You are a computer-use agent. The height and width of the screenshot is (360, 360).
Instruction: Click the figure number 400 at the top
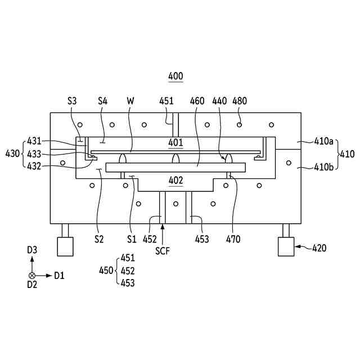click(175, 76)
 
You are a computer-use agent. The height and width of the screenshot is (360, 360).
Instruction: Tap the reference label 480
click(240, 101)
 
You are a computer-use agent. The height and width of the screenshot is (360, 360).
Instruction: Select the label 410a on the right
click(323, 141)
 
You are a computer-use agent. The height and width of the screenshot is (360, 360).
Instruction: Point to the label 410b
click(323, 166)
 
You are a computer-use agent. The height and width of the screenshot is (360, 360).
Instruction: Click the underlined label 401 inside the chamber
click(175, 143)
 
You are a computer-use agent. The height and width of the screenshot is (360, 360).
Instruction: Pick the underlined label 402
click(175, 181)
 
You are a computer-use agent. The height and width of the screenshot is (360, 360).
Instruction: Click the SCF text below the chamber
click(163, 250)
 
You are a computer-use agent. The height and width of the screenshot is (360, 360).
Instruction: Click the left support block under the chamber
click(65, 246)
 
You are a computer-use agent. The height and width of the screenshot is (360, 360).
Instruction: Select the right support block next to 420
click(286, 246)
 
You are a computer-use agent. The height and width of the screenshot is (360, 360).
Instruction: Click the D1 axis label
click(60, 276)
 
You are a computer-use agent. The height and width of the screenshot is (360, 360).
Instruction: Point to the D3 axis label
click(33, 249)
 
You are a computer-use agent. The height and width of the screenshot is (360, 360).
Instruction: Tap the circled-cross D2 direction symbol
click(32, 276)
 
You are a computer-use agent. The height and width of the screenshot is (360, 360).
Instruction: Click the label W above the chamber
click(130, 101)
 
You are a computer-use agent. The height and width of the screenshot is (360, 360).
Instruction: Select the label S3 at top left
click(72, 101)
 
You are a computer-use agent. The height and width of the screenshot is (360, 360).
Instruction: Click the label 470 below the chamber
click(233, 239)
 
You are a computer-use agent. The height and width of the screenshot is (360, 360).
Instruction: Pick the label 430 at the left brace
click(12, 153)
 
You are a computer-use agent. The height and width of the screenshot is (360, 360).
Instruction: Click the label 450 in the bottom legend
click(106, 271)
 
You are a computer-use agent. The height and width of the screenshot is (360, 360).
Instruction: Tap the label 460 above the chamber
click(197, 101)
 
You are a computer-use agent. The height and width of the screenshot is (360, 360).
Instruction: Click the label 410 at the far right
click(348, 154)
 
